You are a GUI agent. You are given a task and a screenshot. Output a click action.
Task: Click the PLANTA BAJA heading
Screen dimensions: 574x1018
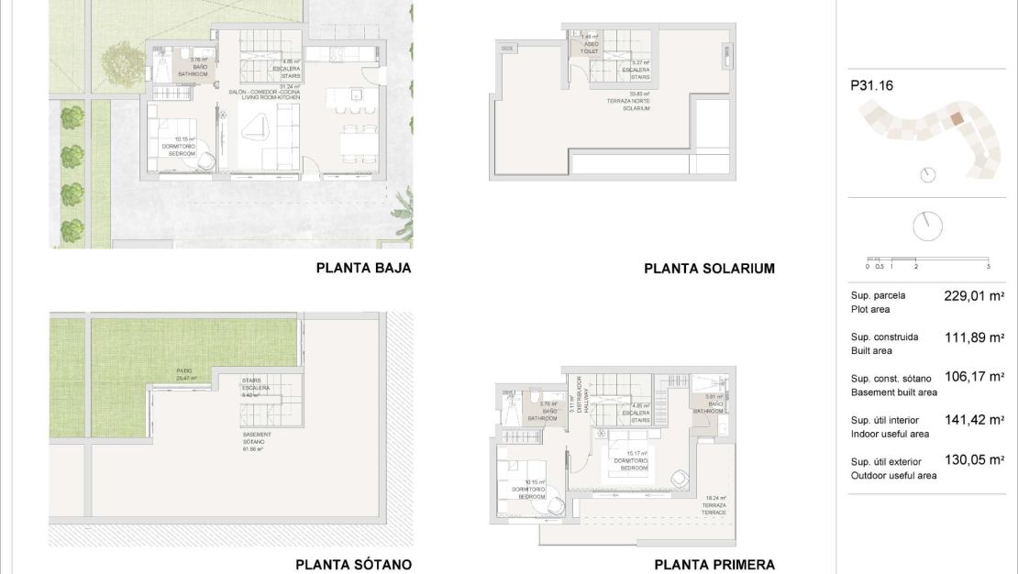pos(363,269)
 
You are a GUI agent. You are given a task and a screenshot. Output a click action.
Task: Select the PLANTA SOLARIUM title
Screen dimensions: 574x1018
pos(709,269)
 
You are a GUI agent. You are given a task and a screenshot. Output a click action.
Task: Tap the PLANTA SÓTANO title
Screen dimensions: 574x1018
pos(353,565)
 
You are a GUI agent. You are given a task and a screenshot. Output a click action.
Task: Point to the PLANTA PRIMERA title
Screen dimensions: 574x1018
pos(714,565)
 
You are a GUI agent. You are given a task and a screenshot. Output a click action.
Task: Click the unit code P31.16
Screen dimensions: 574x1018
pos(871,86)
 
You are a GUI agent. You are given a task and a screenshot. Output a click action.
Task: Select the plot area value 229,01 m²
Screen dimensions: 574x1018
pos(974,296)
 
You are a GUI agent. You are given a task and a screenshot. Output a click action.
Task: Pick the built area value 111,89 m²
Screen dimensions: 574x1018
pos(974,337)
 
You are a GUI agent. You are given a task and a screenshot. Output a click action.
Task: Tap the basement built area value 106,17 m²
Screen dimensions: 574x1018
pos(974,378)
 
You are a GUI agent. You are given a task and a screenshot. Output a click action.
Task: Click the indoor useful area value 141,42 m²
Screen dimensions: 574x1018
pos(974,419)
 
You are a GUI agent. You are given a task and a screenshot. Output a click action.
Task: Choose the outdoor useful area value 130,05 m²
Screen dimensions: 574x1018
pos(974,460)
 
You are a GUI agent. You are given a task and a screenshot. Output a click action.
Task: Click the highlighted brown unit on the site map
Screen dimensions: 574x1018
pos(957,118)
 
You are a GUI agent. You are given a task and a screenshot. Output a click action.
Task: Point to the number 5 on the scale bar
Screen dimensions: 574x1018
pos(988,266)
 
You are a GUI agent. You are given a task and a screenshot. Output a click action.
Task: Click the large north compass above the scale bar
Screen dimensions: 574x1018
pos(928,224)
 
